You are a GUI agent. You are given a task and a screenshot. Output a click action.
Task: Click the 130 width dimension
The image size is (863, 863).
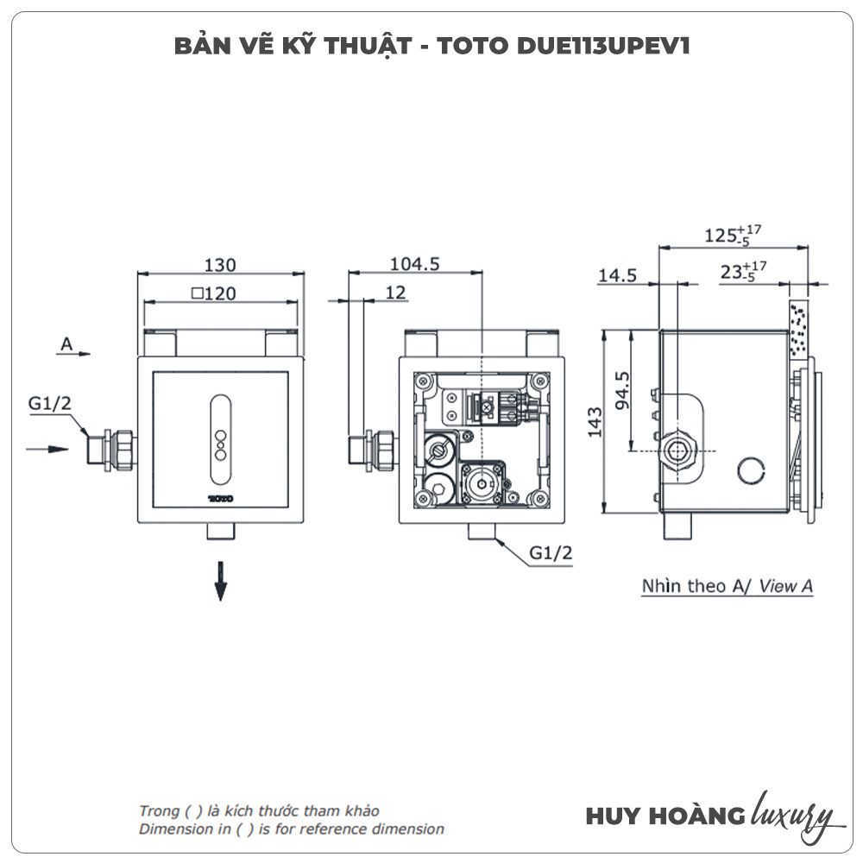pos(220,265)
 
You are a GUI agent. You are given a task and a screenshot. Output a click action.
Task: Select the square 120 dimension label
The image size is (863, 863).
pos(214,293)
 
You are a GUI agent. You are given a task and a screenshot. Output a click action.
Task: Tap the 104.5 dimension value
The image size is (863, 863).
pos(415,264)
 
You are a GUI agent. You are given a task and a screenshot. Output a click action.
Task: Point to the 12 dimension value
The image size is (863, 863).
pos(396,293)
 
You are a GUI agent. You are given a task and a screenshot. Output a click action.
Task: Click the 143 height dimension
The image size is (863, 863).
pos(595,422)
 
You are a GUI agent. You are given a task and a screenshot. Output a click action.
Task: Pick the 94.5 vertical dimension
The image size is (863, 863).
pos(622,390)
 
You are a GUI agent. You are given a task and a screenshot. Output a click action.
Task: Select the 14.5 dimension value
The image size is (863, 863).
pos(617,274)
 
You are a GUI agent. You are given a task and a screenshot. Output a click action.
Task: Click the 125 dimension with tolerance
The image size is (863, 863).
pos(733,235)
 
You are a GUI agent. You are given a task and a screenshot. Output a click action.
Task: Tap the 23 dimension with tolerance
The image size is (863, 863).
pos(744,271)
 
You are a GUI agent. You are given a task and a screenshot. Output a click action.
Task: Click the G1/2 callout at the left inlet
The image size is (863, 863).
pos(49,403)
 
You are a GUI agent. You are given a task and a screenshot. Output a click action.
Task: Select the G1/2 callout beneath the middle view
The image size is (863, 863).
pos(551,552)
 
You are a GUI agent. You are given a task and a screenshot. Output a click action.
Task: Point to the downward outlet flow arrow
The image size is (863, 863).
pos(221,581)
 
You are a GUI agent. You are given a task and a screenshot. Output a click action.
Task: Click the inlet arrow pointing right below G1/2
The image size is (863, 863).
pos(47,449)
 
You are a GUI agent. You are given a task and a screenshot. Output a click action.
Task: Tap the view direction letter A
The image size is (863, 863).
pos(66,344)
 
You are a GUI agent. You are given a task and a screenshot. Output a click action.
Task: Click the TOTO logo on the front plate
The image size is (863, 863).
pos(221,499)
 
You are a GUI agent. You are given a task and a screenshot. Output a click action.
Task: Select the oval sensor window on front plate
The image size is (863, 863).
pos(221,439)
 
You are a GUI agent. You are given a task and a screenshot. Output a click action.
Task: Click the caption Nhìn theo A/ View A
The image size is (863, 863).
pos(727,586)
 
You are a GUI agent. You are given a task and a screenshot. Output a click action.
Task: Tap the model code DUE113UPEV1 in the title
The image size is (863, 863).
pos(603,46)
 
